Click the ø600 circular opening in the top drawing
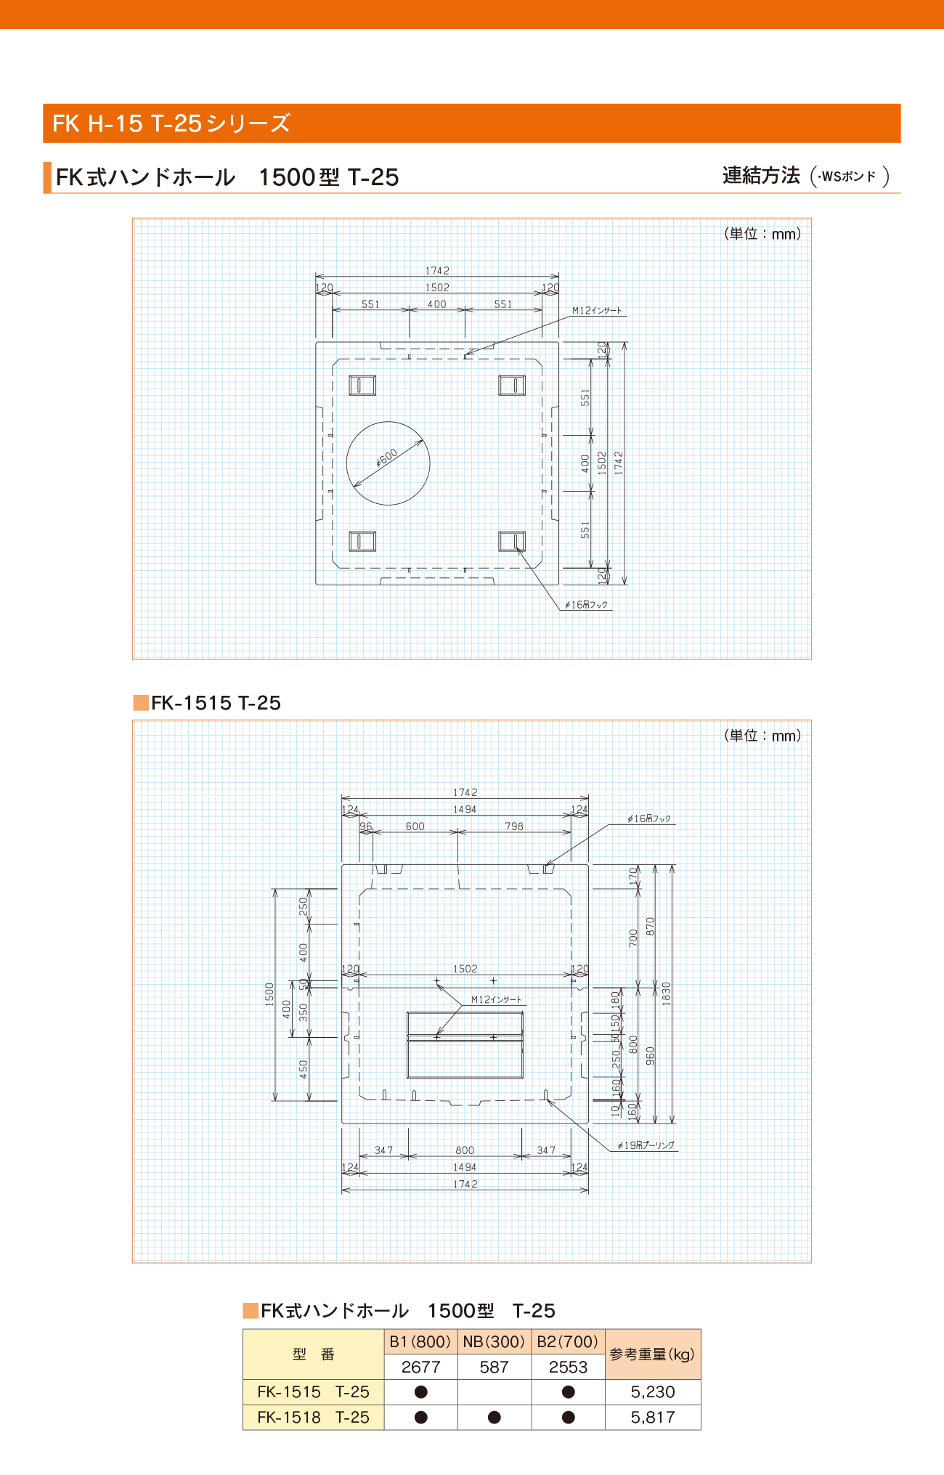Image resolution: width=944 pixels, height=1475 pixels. point(388,463)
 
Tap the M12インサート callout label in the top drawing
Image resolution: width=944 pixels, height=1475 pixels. point(597,311)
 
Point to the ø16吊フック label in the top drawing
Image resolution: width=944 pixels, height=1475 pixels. point(586,604)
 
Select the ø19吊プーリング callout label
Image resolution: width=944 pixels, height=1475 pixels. point(646,1145)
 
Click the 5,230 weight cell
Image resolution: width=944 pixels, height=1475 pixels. point(653,1391)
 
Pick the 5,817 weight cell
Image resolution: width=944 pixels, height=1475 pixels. point(653,1417)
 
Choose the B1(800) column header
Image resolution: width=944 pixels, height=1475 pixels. point(420,1341)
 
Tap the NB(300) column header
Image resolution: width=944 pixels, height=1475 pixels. point(494,1341)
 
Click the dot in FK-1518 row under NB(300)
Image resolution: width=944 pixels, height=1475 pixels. point(494,1417)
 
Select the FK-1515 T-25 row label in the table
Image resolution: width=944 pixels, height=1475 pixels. point(313,1391)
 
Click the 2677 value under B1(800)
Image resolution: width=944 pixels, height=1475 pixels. point(420,1367)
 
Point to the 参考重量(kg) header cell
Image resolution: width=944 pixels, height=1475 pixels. point(652,1354)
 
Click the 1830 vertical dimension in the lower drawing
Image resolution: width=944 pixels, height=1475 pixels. point(666,993)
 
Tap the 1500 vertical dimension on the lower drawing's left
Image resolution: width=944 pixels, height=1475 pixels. point(269,994)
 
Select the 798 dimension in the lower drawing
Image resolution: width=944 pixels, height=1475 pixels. point(514,826)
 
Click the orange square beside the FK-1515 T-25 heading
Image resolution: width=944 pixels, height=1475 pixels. point(141,702)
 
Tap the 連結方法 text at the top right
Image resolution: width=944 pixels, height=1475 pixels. point(761,175)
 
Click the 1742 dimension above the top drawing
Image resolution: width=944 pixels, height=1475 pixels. point(437,270)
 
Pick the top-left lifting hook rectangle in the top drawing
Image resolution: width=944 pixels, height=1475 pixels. point(362,385)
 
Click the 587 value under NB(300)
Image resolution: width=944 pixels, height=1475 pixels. point(494,1367)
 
